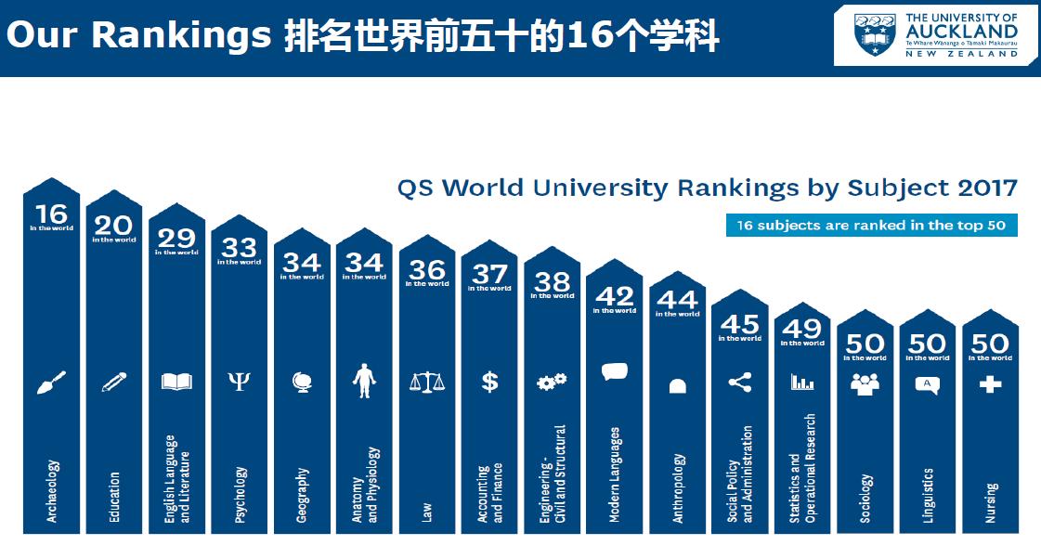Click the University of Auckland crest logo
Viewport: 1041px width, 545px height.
tap(875, 34)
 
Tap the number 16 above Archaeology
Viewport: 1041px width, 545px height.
tap(51, 214)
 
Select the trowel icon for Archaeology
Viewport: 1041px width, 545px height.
tap(51, 382)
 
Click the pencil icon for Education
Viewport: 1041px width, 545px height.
tap(113, 382)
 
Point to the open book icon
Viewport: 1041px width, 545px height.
tap(176, 382)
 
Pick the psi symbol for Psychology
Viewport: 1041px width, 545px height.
tap(239, 382)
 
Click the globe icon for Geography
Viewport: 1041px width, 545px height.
tap(302, 382)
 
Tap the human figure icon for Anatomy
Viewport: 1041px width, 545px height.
tap(364, 382)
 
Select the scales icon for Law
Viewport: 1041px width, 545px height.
tap(427, 382)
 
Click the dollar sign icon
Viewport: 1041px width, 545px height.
tap(489, 382)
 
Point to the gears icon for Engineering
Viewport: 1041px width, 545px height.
tap(552, 382)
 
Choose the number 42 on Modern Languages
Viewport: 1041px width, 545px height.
tap(615, 296)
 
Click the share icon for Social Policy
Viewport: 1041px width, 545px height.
tap(739, 382)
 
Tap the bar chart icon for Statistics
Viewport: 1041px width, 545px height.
tap(802, 382)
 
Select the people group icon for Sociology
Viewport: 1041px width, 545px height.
tap(865, 383)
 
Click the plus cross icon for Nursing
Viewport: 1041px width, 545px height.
tap(990, 383)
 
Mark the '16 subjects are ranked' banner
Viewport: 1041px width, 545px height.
tap(871, 226)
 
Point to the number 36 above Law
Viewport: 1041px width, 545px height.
tap(427, 270)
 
